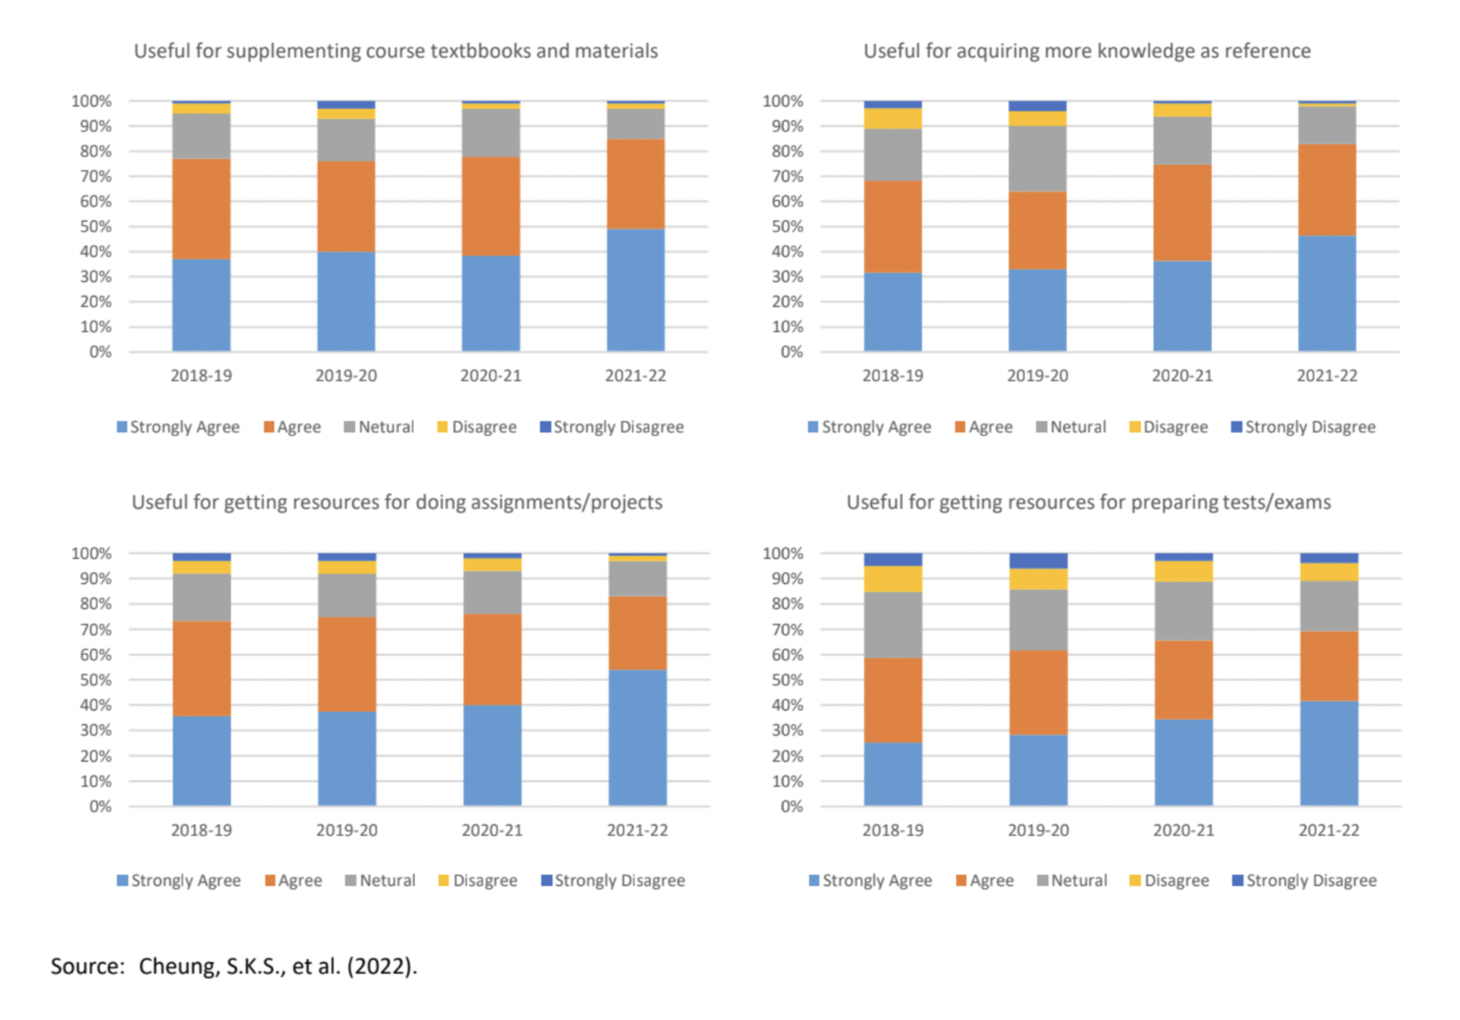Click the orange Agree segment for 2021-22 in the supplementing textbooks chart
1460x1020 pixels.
(x=635, y=184)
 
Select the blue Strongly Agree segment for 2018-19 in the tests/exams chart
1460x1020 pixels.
(x=892, y=774)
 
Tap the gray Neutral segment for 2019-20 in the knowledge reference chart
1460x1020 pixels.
(x=1037, y=158)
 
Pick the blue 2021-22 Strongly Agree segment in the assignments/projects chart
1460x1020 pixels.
(x=637, y=738)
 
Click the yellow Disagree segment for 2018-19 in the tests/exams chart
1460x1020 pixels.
(x=892, y=579)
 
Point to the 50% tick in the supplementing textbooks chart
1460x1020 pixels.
(x=96, y=227)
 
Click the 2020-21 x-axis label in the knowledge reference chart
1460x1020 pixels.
(x=1182, y=376)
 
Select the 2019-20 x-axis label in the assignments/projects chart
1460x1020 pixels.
(x=346, y=830)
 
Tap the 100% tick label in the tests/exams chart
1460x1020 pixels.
(x=781, y=553)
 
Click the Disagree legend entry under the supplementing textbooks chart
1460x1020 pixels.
(x=477, y=427)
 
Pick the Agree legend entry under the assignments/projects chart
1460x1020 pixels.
(x=293, y=880)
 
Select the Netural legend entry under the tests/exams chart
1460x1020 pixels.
(x=1072, y=880)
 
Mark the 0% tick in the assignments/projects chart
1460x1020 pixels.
(x=100, y=806)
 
